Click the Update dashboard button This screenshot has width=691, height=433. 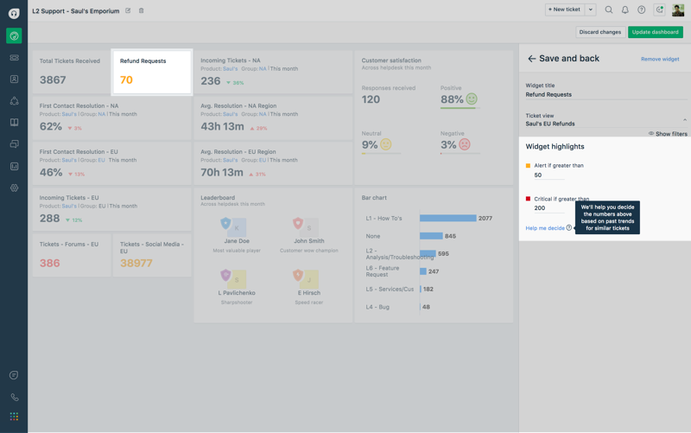[656, 32]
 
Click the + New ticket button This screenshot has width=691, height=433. [564, 10]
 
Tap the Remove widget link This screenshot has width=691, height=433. [660, 59]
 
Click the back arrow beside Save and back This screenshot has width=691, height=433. [531, 59]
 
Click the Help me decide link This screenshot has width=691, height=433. [545, 228]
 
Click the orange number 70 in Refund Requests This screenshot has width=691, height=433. [126, 80]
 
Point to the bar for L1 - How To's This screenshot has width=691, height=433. [447, 219]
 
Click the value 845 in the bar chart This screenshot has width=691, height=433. [450, 236]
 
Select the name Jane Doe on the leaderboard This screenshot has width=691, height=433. [237, 241]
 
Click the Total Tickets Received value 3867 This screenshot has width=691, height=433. [53, 80]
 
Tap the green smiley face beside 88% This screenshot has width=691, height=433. [472, 99]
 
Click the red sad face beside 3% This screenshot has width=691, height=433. [465, 145]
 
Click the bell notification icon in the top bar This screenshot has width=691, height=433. [625, 10]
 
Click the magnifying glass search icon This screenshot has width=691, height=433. [609, 10]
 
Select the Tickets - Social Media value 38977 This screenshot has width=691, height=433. [136, 264]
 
